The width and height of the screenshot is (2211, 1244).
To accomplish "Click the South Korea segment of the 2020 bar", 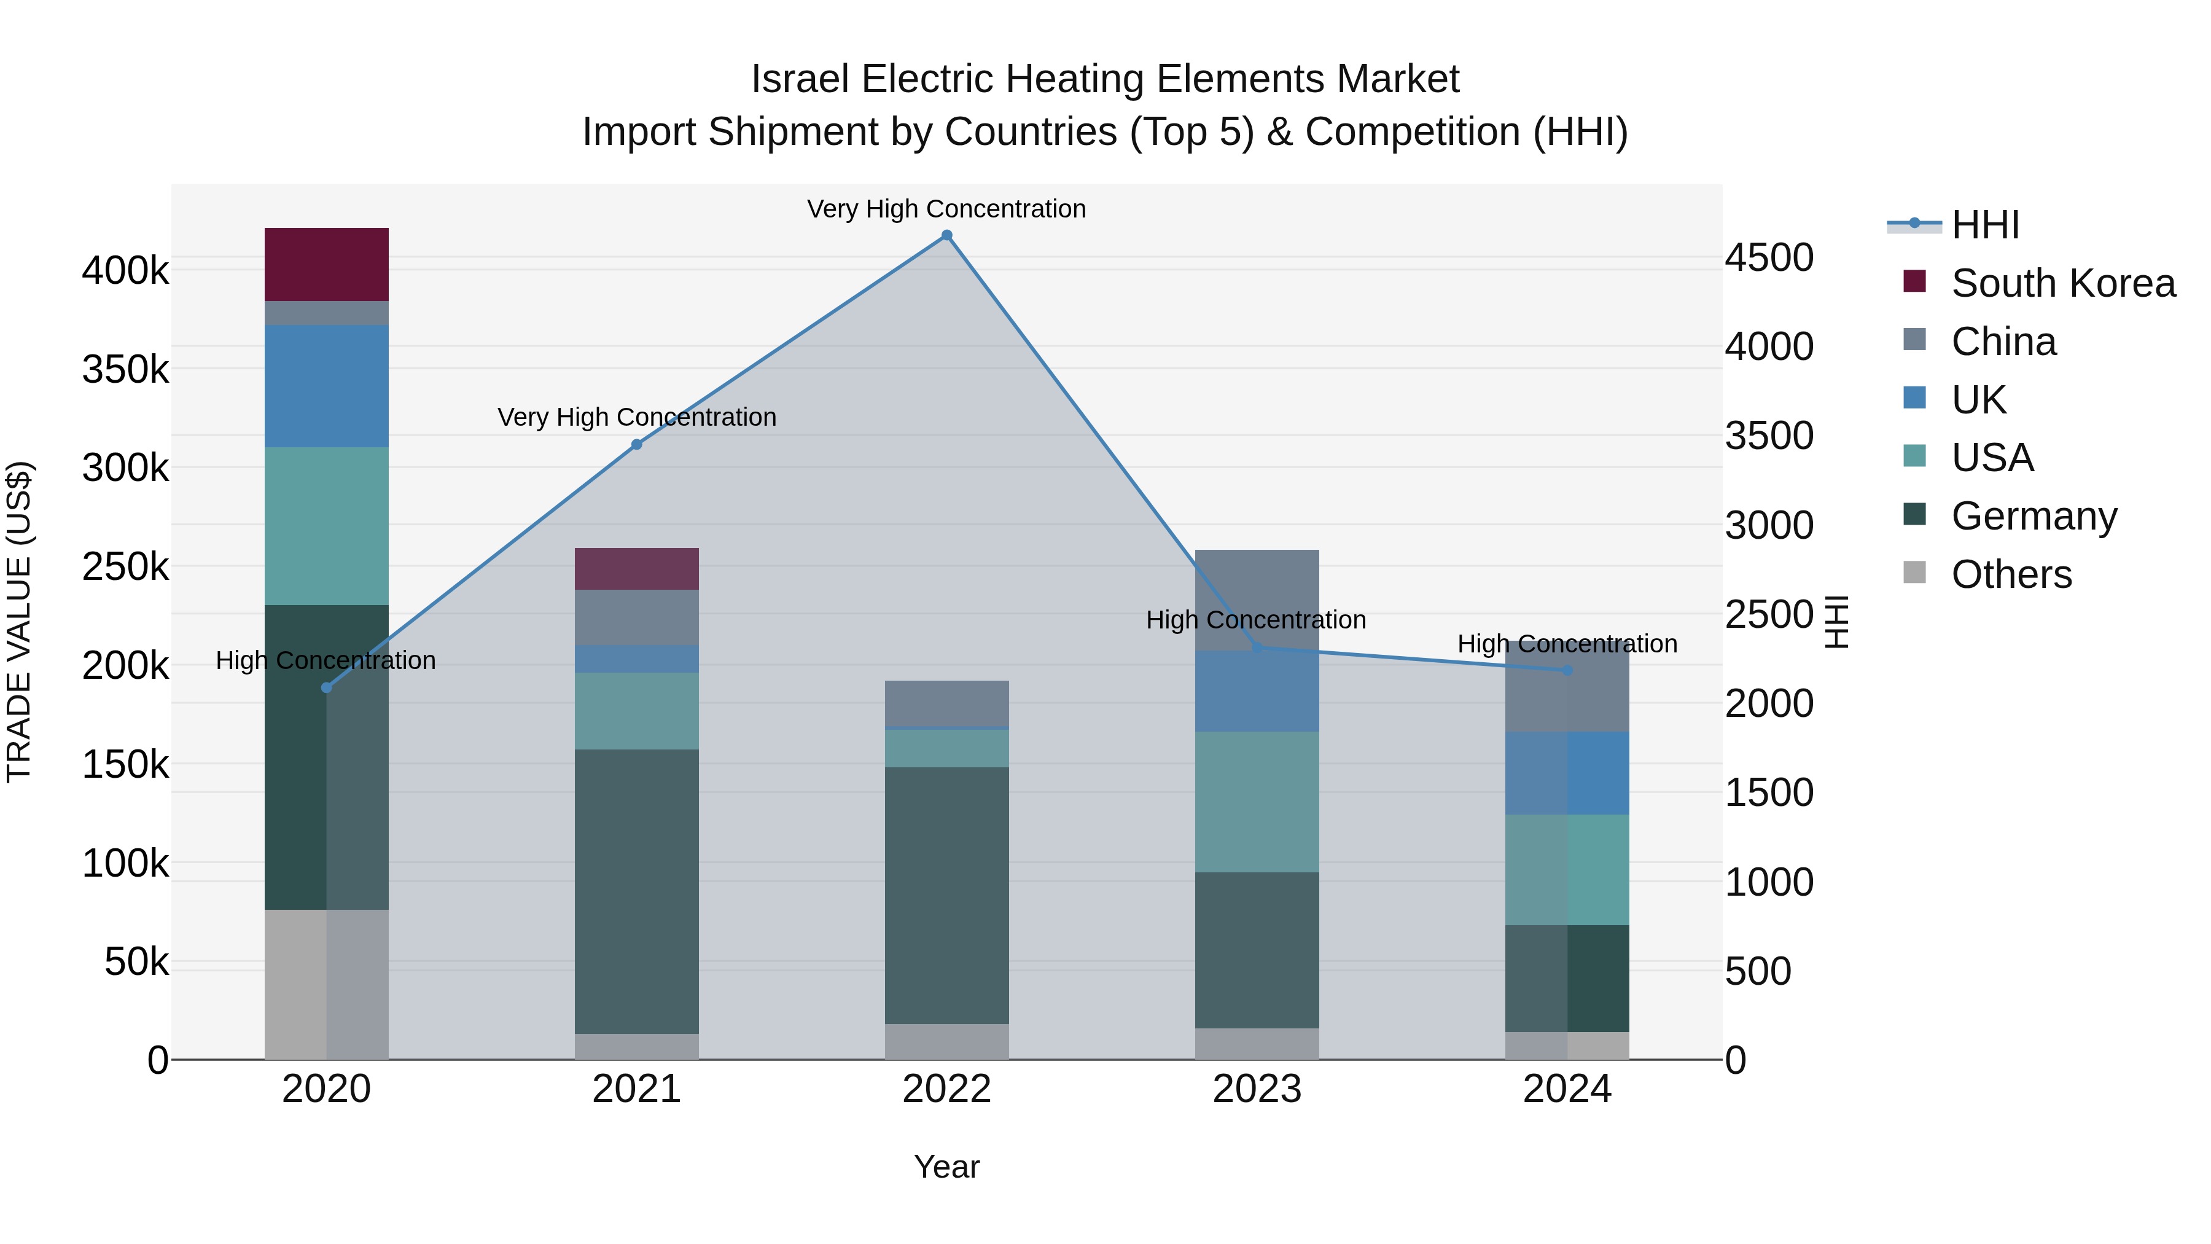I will point(326,264).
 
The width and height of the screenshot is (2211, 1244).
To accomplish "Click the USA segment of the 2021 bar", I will point(636,711).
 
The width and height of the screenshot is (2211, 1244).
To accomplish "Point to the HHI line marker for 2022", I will point(946,235).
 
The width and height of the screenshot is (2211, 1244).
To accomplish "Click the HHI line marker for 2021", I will point(637,445).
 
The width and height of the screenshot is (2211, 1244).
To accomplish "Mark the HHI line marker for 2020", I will point(326,687).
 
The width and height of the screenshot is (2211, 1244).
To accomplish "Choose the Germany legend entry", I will point(2034,516).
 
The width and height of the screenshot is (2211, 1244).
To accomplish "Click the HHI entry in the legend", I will point(1984,225).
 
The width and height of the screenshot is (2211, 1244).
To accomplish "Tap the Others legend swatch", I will point(1914,573).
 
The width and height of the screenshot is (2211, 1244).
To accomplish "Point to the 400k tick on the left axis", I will point(125,270).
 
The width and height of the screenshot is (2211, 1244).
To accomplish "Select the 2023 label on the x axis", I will point(1257,1089).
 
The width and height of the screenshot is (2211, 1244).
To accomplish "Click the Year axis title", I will point(946,1167).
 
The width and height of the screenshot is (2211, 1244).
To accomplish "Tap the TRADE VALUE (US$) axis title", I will point(19,622).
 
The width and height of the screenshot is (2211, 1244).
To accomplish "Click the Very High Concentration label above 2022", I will point(946,209).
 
